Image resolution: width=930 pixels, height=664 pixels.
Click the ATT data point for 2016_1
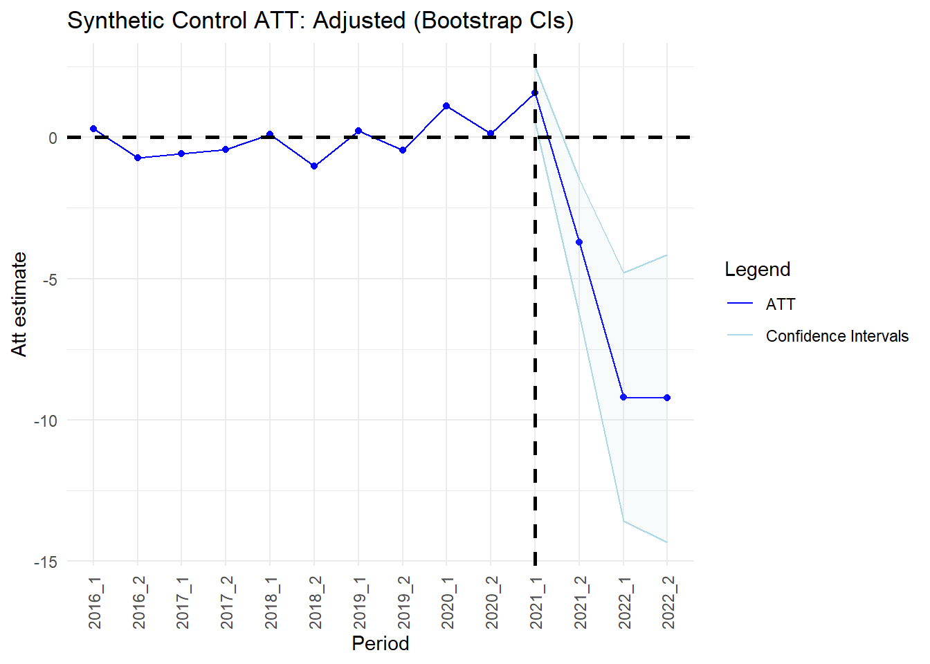click(93, 129)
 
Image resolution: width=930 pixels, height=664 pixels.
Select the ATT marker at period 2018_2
click(314, 166)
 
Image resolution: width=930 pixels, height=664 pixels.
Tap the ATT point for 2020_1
click(446, 106)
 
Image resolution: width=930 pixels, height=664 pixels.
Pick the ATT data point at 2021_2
click(579, 242)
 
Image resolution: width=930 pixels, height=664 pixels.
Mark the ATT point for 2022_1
click(623, 397)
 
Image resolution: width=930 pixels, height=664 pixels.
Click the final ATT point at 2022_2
click(667, 398)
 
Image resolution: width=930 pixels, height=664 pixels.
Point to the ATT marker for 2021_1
click(535, 93)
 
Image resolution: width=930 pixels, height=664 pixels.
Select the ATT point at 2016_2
click(138, 158)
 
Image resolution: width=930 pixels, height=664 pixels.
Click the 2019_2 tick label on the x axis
click(403, 602)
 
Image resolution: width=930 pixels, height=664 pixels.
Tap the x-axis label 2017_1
click(182, 602)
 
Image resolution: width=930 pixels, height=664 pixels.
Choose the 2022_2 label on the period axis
click(668, 602)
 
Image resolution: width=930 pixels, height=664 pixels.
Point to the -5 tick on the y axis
click(50, 279)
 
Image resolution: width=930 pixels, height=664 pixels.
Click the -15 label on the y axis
click(45, 562)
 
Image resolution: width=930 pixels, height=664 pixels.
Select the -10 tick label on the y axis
click(45, 421)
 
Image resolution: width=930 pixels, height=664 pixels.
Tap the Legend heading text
click(757, 269)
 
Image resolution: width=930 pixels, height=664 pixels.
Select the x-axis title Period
click(381, 644)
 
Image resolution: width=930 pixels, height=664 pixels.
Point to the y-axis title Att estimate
click(19, 304)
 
